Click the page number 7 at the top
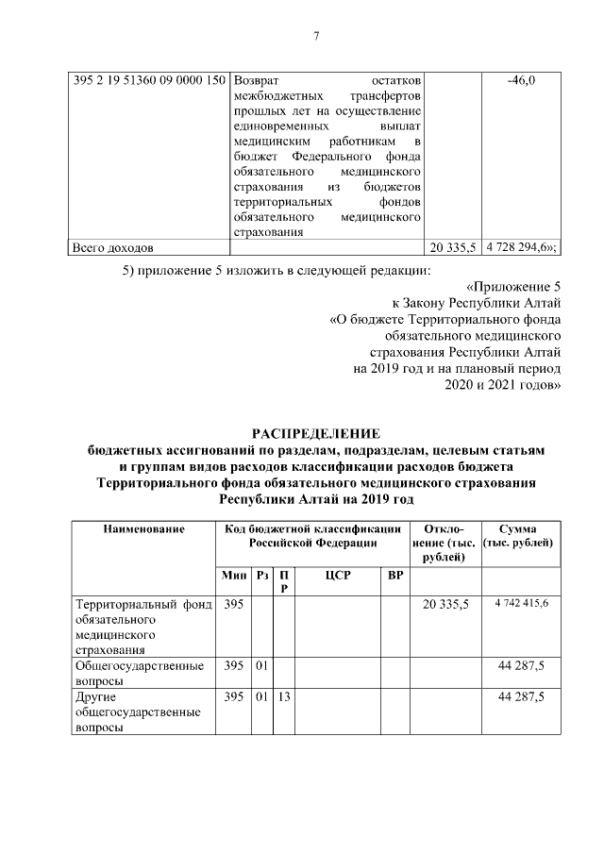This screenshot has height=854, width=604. pyautogui.click(x=316, y=37)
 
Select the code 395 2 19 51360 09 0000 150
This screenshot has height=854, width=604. pyautogui.click(x=149, y=80)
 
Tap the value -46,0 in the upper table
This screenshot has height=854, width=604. pyautogui.click(x=521, y=80)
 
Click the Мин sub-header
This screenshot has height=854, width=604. pyautogui.click(x=234, y=575)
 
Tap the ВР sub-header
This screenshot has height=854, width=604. pyautogui.click(x=395, y=575)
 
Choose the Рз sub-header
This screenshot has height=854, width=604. pyautogui.click(x=261, y=575)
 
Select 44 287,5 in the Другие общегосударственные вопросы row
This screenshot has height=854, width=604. pyautogui.click(x=521, y=696)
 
